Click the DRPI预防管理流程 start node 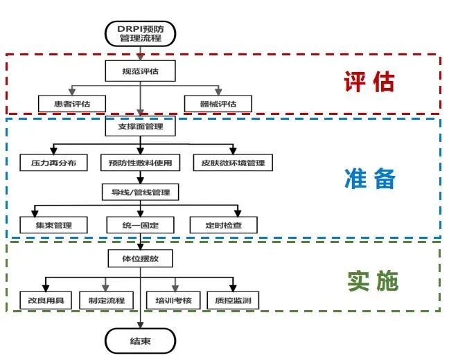tap(141, 33)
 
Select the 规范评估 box tap(141, 71)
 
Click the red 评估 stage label tap(369, 82)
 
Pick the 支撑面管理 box tap(141, 127)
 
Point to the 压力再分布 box tap(53, 163)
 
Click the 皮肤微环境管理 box tap(232, 163)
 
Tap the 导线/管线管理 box tap(141, 192)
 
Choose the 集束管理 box tap(53, 226)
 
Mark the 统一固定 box tap(141, 226)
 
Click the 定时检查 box tap(223, 226)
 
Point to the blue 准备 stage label tap(369, 179)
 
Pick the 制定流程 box tap(106, 300)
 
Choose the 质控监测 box tap(234, 300)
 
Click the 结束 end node tap(141, 341)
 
